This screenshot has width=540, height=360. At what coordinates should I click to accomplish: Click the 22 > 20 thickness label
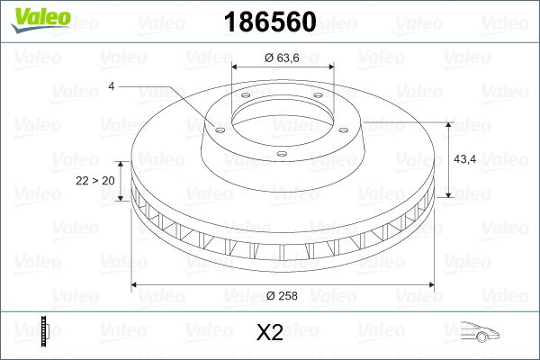(x=95, y=181)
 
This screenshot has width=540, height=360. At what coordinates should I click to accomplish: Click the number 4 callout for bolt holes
(x=112, y=86)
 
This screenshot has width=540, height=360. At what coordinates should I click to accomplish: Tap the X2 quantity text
(x=270, y=333)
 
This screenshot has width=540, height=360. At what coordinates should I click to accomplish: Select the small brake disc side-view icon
(x=42, y=332)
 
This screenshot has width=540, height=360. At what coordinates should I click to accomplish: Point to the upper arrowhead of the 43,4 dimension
(x=449, y=122)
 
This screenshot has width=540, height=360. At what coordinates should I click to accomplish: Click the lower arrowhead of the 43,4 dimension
(x=449, y=195)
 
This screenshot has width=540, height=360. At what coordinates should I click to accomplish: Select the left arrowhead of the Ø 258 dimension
(x=136, y=285)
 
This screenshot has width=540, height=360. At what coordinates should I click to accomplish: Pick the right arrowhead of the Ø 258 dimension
(x=429, y=285)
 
